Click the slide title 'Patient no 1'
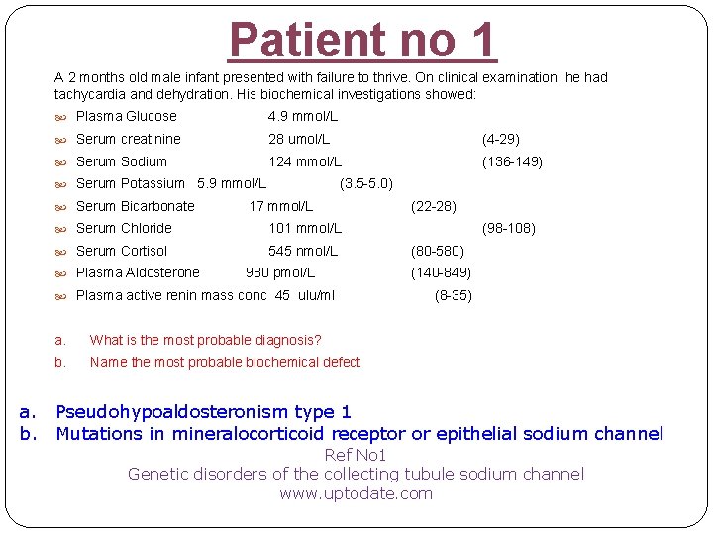tap(362, 40)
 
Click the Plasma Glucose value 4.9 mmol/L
tap(303, 116)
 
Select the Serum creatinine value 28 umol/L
tap(299, 139)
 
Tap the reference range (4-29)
tap(500, 139)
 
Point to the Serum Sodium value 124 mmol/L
tap(305, 161)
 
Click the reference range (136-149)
tap(512, 161)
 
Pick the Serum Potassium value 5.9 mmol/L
tap(232, 183)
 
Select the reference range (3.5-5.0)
tap(366, 183)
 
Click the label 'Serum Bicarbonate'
tap(136, 206)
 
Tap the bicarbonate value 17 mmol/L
tap(280, 206)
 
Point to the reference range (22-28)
tap(433, 206)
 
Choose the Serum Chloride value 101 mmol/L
tap(305, 228)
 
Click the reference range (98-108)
tap(508, 228)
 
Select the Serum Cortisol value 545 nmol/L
tap(303, 251)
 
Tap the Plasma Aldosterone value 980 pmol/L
tap(280, 272)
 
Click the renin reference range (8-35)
tap(454, 295)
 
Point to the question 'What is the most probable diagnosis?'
tap(206, 340)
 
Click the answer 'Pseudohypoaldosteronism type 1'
tap(204, 411)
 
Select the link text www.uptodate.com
tap(356, 493)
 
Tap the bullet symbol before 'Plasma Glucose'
tap(61, 117)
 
